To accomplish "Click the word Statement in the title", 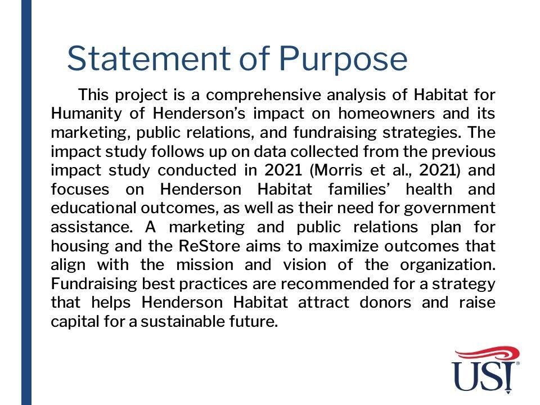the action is pyautogui.click(x=148, y=58).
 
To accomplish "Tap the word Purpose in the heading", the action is pyautogui.click(x=343, y=60).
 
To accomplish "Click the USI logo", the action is pyautogui.click(x=485, y=370).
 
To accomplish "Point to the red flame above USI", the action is pyautogui.click(x=487, y=354).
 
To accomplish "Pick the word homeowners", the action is pyautogui.click(x=386, y=113).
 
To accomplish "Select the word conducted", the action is pyautogui.click(x=197, y=170).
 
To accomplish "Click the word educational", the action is pyautogui.click(x=94, y=208).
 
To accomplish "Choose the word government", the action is pyautogui.click(x=449, y=209).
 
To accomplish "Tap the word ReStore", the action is pyautogui.click(x=209, y=246).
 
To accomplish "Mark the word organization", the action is pyautogui.click(x=448, y=265).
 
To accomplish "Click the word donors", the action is pyautogui.click(x=385, y=303).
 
